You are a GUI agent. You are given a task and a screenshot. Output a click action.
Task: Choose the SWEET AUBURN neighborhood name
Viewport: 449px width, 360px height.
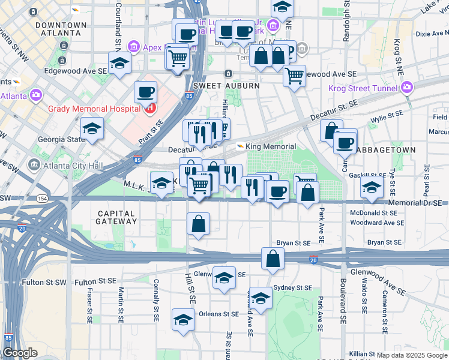point(226,86)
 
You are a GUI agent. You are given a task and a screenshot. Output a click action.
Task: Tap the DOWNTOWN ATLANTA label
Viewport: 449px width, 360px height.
point(61,29)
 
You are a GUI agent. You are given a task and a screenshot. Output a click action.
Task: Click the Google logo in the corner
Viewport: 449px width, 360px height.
point(20,353)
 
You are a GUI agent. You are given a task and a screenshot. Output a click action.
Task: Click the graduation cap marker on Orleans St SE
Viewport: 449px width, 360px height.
point(183,319)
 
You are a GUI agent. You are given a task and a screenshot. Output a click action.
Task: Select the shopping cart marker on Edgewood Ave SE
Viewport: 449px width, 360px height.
point(294,76)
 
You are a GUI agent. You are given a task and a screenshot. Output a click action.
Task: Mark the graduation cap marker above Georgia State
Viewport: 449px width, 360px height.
point(92,128)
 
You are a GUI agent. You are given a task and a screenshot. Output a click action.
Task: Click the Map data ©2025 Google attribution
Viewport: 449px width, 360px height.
point(411,355)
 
